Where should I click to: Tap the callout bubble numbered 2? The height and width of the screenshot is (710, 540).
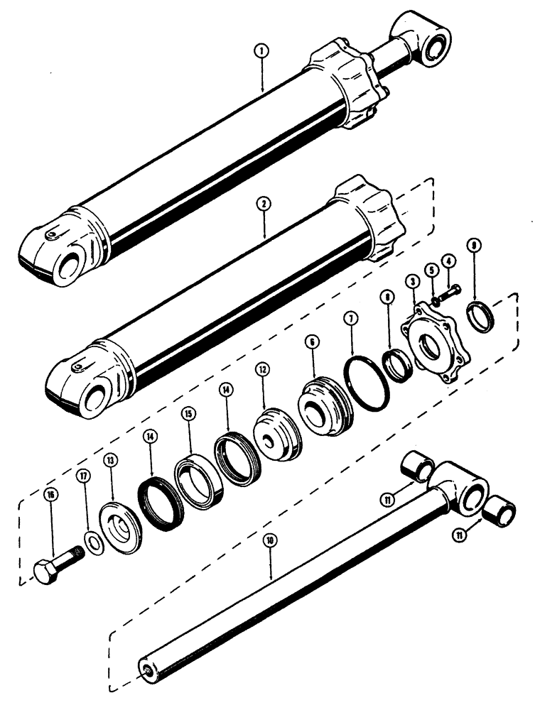(x=264, y=203)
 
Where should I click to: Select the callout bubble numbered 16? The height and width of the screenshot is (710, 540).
(x=52, y=495)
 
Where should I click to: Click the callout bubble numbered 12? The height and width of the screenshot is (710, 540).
(x=262, y=369)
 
